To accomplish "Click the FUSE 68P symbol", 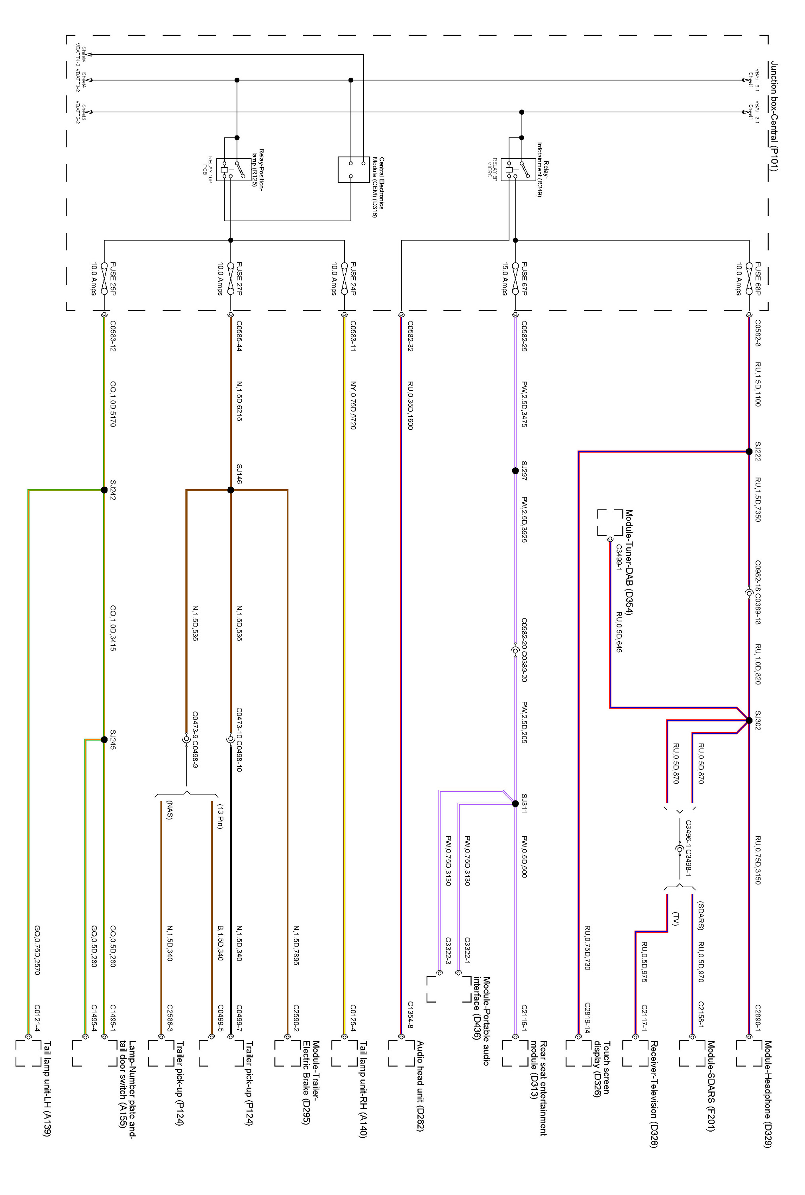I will [x=749, y=278].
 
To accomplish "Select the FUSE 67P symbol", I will [x=515, y=278].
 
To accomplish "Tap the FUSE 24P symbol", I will [x=345, y=278].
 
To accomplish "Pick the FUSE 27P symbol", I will [x=231, y=278].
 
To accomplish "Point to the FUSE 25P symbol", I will [x=104, y=278].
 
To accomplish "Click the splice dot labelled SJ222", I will [x=749, y=452].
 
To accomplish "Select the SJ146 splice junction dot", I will [x=231, y=490].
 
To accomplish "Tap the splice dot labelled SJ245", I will [x=104, y=740].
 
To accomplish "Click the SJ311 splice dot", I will [x=515, y=804].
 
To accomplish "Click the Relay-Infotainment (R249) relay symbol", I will [x=517, y=169].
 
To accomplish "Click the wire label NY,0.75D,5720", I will [x=353, y=406].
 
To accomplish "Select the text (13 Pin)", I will [x=220, y=816].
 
